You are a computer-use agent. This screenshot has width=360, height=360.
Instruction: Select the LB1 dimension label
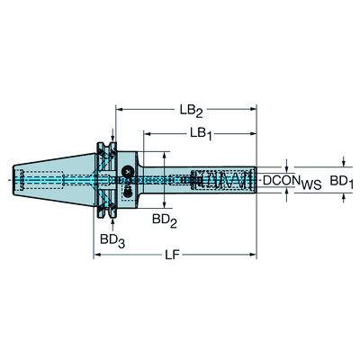(x=200, y=134)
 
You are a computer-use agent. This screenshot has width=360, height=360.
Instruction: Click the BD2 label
(x=162, y=219)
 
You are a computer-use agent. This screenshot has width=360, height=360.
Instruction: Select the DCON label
(x=281, y=182)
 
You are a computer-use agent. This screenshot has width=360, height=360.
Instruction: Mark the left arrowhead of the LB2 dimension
(x=120, y=112)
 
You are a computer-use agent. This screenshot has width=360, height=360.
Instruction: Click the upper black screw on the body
(x=128, y=171)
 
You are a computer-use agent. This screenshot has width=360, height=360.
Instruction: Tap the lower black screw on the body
(x=128, y=191)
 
